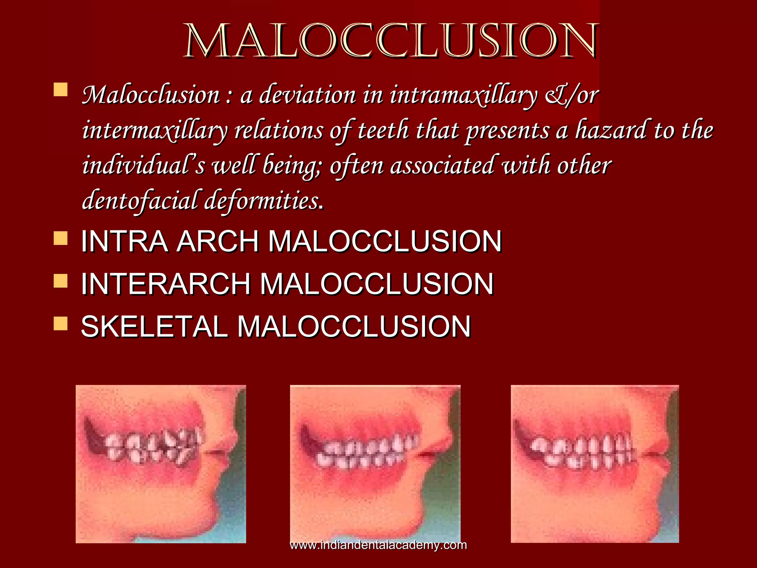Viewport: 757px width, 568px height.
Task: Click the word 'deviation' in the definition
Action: pyautogui.click(x=307, y=95)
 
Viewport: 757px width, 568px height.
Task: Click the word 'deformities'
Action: pyautogui.click(x=261, y=201)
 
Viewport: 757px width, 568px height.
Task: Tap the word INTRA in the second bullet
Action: pyautogui.click(x=124, y=241)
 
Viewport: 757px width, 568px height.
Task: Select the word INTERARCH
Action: pyautogui.click(x=166, y=284)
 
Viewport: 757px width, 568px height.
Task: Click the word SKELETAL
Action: pyautogui.click(x=154, y=327)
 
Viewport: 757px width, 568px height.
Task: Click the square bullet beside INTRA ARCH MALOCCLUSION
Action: pyautogui.click(x=61, y=239)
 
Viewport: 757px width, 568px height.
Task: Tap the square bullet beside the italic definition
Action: pyautogui.click(x=61, y=89)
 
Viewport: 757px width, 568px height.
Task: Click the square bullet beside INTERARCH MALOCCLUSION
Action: pyautogui.click(x=61, y=281)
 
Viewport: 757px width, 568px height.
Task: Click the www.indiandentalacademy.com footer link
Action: pyautogui.click(x=378, y=545)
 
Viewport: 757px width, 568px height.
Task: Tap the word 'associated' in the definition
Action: pyautogui.click(x=442, y=166)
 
